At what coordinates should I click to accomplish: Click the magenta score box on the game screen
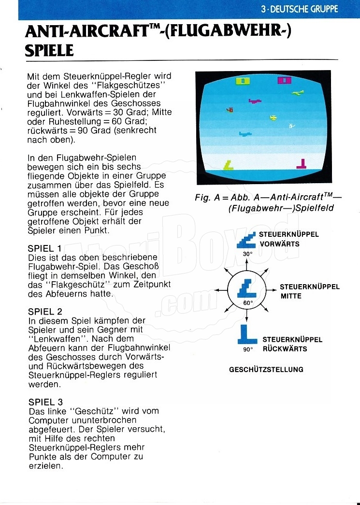click(x=285, y=80)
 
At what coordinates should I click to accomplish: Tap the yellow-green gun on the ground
click(x=228, y=166)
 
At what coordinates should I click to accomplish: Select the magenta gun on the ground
click(x=302, y=164)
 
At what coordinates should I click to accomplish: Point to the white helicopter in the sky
click(x=291, y=126)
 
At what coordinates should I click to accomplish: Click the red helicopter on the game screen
click(x=230, y=110)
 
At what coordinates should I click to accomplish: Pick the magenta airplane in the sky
click(x=255, y=101)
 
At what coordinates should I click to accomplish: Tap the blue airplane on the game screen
click(x=245, y=134)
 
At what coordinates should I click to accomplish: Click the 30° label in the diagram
click(x=247, y=254)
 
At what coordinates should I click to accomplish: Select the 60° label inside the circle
click(x=248, y=303)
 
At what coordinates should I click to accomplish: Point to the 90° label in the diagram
click(x=248, y=349)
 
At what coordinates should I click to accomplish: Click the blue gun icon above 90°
click(x=248, y=334)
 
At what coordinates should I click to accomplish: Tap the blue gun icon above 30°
click(x=247, y=240)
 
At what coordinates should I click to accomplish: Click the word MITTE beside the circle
click(x=291, y=296)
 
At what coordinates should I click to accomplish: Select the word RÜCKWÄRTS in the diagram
click(x=285, y=349)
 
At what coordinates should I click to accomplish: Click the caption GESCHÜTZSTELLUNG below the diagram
click(x=266, y=370)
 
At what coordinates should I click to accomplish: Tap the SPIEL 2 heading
click(x=45, y=312)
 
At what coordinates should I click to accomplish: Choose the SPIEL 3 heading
click(x=45, y=402)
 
